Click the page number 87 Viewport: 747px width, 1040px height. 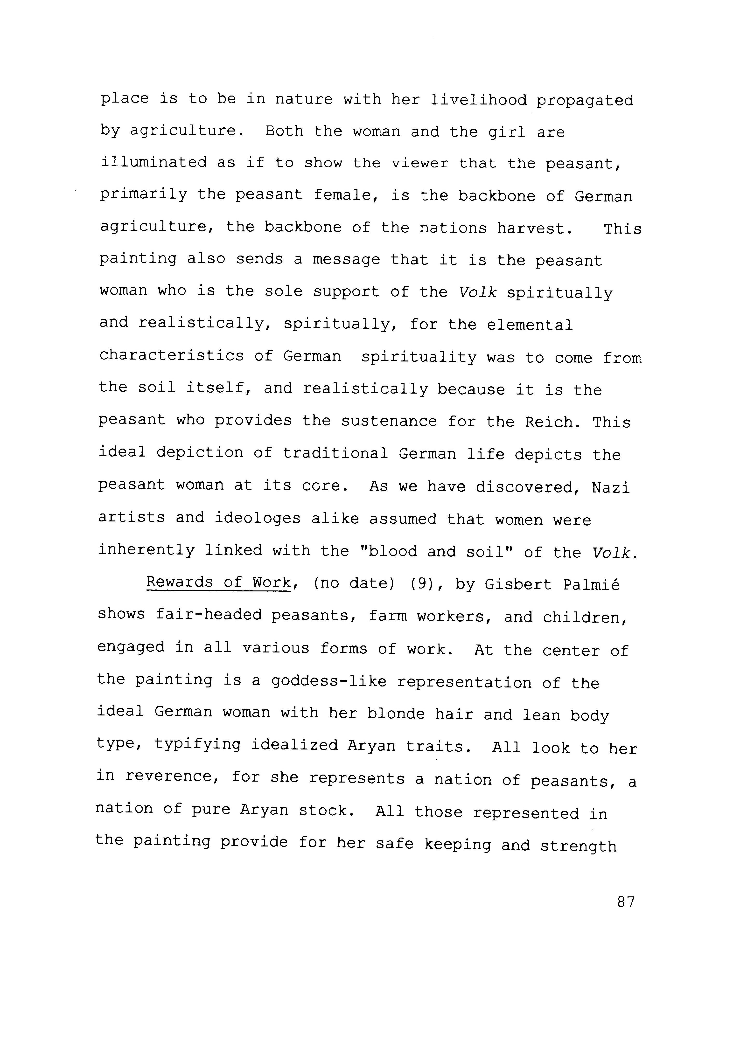point(626,902)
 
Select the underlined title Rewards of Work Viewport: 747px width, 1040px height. point(218,582)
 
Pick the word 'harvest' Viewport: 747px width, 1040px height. point(534,228)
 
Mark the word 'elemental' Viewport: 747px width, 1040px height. point(530,325)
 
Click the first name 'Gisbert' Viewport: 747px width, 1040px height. point(518,584)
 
